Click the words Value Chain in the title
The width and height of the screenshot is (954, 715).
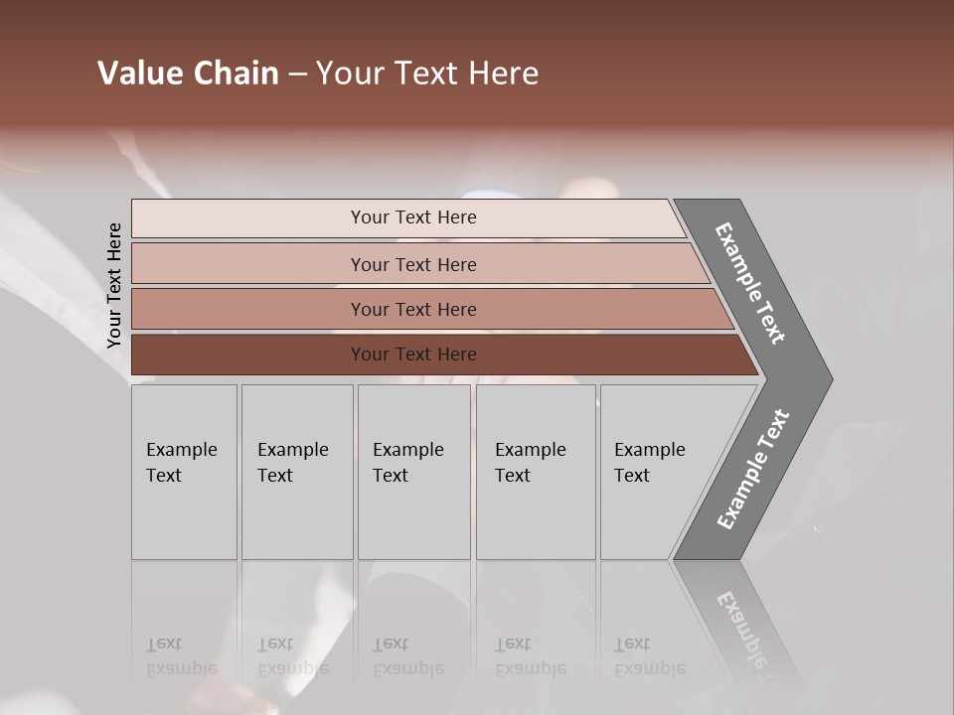coord(188,73)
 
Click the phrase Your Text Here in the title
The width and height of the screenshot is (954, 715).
coord(427,73)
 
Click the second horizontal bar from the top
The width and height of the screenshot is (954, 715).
coord(412,264)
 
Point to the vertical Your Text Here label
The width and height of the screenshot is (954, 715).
coord(114,285)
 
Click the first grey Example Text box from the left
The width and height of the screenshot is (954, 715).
coord(184,472)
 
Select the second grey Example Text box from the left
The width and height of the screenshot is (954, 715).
coord(297,472)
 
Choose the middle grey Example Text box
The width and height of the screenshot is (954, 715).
coord(413,472)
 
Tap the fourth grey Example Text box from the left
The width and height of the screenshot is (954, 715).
coord(536,472)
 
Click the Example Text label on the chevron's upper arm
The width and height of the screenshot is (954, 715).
coord(750,283)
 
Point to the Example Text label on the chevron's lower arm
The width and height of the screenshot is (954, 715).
coord(753,469)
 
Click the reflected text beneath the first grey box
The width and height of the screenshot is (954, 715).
coord(182,656)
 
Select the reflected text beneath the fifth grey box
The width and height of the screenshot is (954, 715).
coord(650,656)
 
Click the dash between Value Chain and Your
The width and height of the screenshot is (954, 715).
coord(297,74)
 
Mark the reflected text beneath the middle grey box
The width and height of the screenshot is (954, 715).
coord(408,656)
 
